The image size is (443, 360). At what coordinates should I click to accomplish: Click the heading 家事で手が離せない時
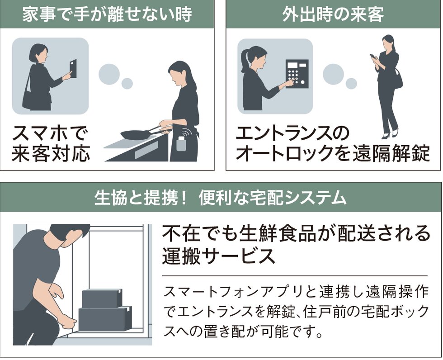107,14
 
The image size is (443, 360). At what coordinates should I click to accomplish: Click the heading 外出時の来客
333,14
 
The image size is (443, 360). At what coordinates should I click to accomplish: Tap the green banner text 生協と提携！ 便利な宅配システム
221,198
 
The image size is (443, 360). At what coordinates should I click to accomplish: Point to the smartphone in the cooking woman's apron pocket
182,144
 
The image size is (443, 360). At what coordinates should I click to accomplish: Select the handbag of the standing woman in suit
397,80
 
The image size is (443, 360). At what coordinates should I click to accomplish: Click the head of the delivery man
68,233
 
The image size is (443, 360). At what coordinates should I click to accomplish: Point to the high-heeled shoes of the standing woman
390,134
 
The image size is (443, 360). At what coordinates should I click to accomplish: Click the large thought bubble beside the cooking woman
108,73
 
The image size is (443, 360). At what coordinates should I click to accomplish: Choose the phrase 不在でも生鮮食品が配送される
296,234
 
